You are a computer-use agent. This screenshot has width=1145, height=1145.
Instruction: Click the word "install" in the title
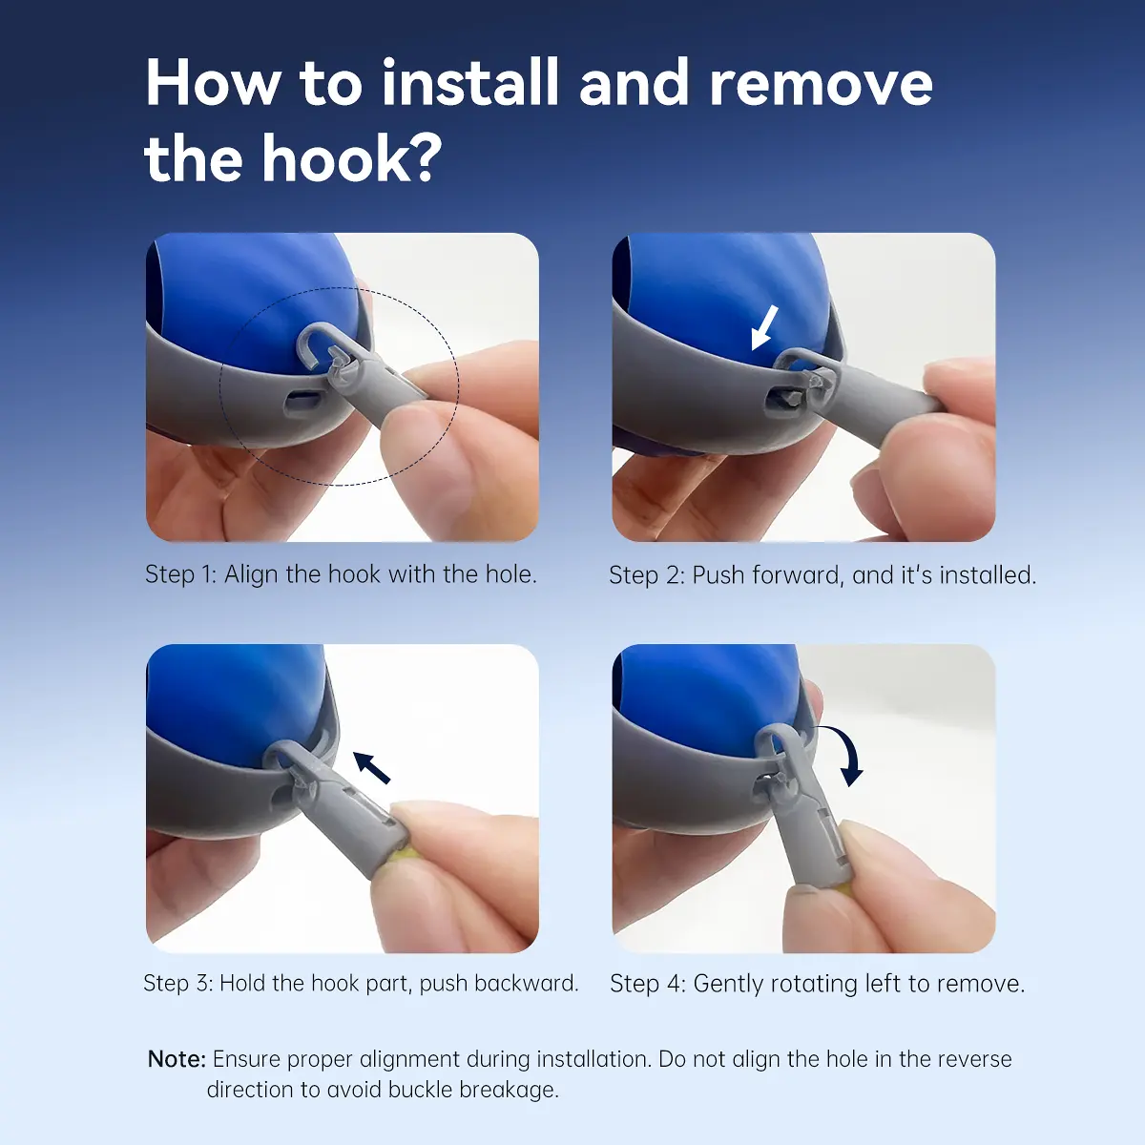[470, 83]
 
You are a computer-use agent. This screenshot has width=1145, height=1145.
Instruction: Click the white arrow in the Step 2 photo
[764, 327]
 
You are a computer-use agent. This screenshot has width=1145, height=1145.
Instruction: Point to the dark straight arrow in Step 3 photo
[372, 768]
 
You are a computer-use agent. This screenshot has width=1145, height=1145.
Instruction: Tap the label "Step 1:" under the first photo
[181, 574]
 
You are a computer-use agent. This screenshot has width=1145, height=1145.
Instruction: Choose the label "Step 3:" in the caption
[178, 984]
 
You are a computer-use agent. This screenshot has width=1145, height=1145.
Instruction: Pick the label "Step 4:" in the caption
[648, 984]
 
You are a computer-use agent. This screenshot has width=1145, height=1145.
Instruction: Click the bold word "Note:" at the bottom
[177, 1059]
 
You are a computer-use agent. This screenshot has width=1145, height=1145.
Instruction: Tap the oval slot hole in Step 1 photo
[304, 401]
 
